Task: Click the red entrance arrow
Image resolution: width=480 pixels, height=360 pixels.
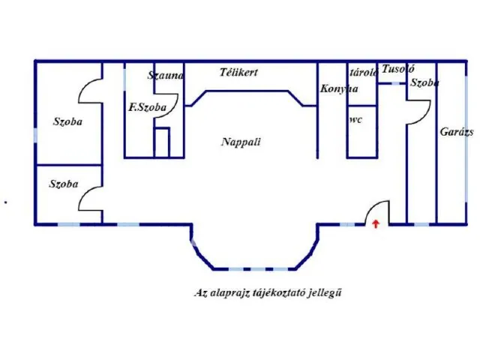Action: [376, 223]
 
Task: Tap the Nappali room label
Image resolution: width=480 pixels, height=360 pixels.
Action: [235, 141]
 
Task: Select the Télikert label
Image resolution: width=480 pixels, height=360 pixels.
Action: [239, 73]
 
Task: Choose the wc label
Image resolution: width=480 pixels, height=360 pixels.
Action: [356, 118]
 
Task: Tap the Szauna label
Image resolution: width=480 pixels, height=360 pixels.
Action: [166, 75]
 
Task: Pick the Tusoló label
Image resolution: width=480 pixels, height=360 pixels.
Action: [397, 69]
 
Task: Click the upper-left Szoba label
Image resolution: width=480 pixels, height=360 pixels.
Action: [68, 121]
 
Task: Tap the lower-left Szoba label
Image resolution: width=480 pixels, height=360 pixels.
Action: [64, 183]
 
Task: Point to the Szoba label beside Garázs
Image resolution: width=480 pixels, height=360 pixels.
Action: [424, 82]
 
